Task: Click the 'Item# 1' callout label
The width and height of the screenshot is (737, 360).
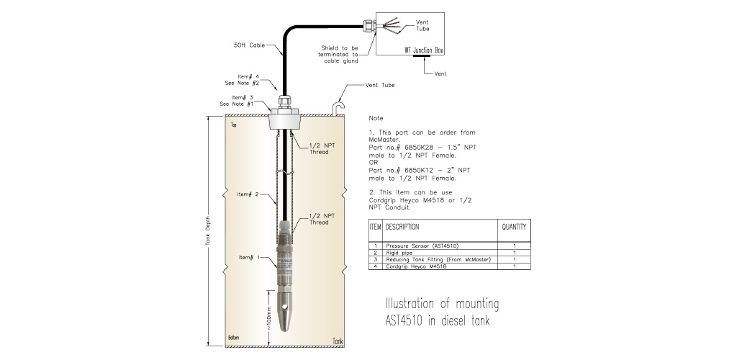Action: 249,257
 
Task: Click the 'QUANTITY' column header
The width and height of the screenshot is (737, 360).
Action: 514,227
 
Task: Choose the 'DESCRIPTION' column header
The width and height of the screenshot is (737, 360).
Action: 402,227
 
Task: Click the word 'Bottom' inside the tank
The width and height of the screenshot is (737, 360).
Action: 233,337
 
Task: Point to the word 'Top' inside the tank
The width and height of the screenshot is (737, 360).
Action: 232,125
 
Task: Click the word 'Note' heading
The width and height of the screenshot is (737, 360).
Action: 376,117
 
